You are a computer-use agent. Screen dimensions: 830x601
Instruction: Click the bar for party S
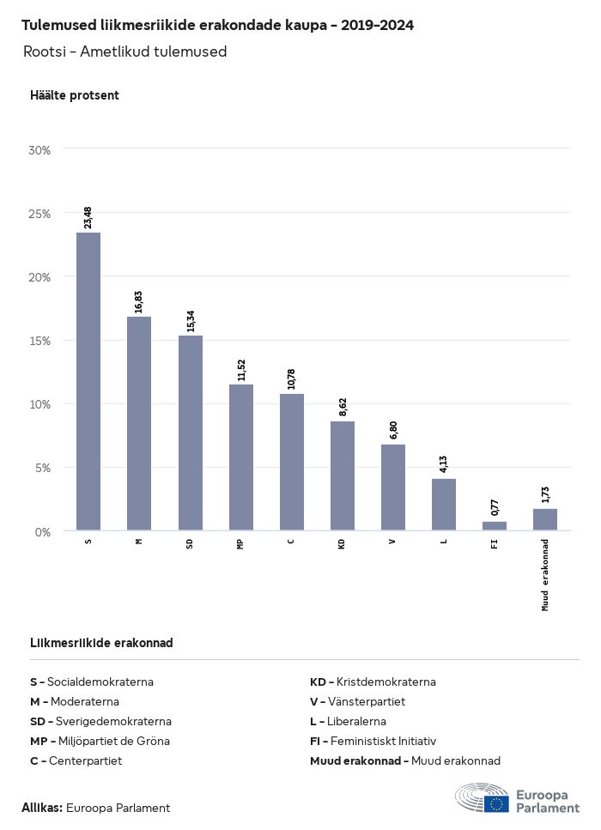tap(88, 381)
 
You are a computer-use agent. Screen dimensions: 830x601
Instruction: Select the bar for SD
tap(191, 433)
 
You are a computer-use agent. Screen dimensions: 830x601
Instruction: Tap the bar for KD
tap(343, 476)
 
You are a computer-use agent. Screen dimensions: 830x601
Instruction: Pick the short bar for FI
tap(495, 525)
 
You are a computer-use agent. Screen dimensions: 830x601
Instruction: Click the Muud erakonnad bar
tap(545, 519)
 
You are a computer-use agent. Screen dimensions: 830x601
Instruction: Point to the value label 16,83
tap(139, 300)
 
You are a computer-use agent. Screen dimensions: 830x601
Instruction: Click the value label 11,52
tap(241, 369)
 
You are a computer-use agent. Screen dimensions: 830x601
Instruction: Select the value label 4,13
tap(444, 463)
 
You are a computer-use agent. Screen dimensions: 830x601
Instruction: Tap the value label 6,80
tap(393, 429)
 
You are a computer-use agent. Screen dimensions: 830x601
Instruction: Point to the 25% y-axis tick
tap(40, 213)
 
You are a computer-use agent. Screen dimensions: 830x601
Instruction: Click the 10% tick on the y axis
tap(40, 404)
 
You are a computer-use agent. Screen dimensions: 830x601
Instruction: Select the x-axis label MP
tap(240, 543)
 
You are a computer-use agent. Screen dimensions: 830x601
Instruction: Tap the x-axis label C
tap(291, 542)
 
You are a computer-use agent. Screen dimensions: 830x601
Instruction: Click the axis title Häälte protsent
tap(75, 95)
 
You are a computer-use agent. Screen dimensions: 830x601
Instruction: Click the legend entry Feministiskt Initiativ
tap(373, 741)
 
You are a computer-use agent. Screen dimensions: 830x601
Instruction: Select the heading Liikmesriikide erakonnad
tap(101, 643)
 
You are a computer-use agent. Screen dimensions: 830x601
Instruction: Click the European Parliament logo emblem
tap(483, 797)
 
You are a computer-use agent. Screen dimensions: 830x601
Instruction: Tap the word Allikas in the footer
tap(42, 808)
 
